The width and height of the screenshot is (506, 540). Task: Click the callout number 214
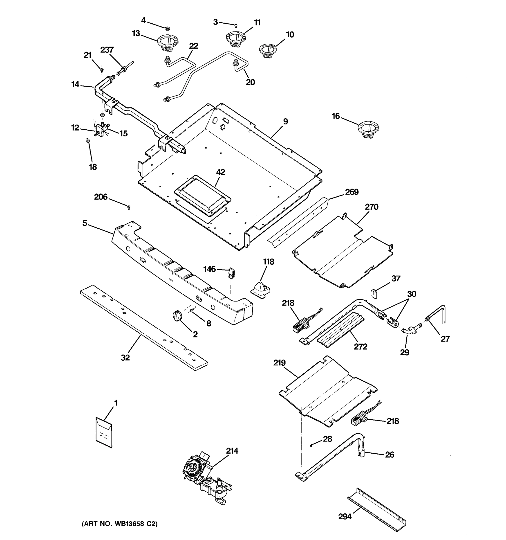232,451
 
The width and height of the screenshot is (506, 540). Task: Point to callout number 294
345,517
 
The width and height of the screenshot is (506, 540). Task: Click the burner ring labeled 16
368,130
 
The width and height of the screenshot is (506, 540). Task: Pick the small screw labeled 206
129,207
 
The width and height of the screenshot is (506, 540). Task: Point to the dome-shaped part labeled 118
260,290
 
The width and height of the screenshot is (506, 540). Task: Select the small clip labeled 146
231,273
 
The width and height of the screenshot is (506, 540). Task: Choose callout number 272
360,346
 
